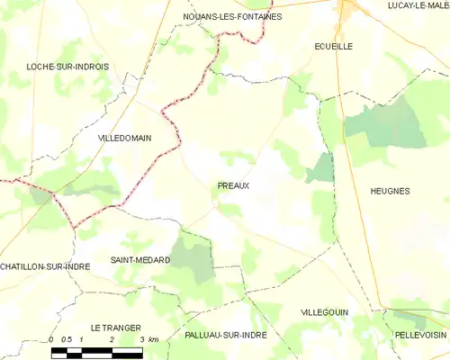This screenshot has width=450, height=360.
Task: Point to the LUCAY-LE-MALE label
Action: (418, 5)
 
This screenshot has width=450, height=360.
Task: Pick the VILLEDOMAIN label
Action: (124, 138)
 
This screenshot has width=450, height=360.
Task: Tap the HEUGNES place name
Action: (390, 191)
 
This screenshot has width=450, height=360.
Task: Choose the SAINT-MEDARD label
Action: (140, 259)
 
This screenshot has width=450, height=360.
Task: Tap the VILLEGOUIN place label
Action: (327, 311)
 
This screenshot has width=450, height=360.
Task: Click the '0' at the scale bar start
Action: (52, 339)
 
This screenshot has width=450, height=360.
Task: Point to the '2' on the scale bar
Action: (112, 339)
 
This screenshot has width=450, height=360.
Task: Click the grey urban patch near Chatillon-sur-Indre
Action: (40, 195)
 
